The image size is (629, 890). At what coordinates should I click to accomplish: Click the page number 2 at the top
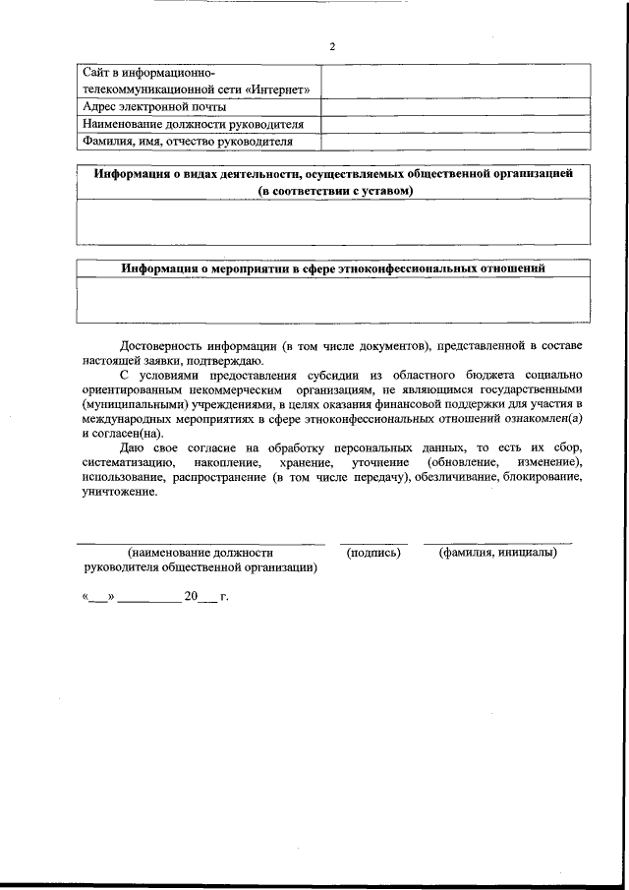pyautogui.click(x=332, y=47)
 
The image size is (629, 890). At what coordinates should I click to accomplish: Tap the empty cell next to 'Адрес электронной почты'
pyautogui.click(x=455, y=107)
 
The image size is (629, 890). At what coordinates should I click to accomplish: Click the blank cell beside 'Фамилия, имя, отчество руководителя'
pyautogui.click(x=455, y=142)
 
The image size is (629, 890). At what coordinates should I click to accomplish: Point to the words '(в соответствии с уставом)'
pyautogui.click(x=335, y=190)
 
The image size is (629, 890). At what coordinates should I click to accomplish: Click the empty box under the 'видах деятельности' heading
pyautogui.click(x=333, y=221)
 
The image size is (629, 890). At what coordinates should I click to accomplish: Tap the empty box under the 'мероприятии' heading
pyautogui.click(x=333, y=299)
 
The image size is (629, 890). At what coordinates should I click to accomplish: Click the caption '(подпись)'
pyautogui.click(x=373, y=553)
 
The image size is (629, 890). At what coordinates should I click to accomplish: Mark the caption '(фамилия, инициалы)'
pyautogui.click(x=497, y=553)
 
